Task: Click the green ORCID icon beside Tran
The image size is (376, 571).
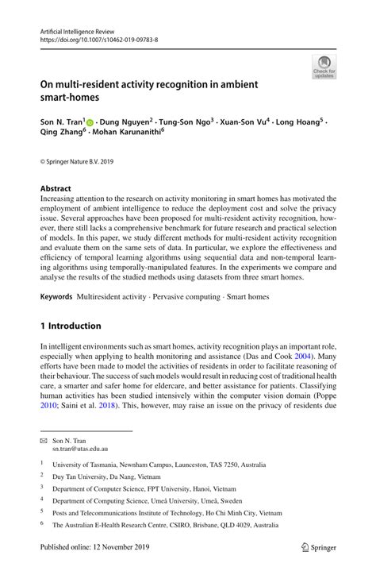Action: (x=90, y=123)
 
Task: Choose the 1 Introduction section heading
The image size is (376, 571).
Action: (x=71, y=326)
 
